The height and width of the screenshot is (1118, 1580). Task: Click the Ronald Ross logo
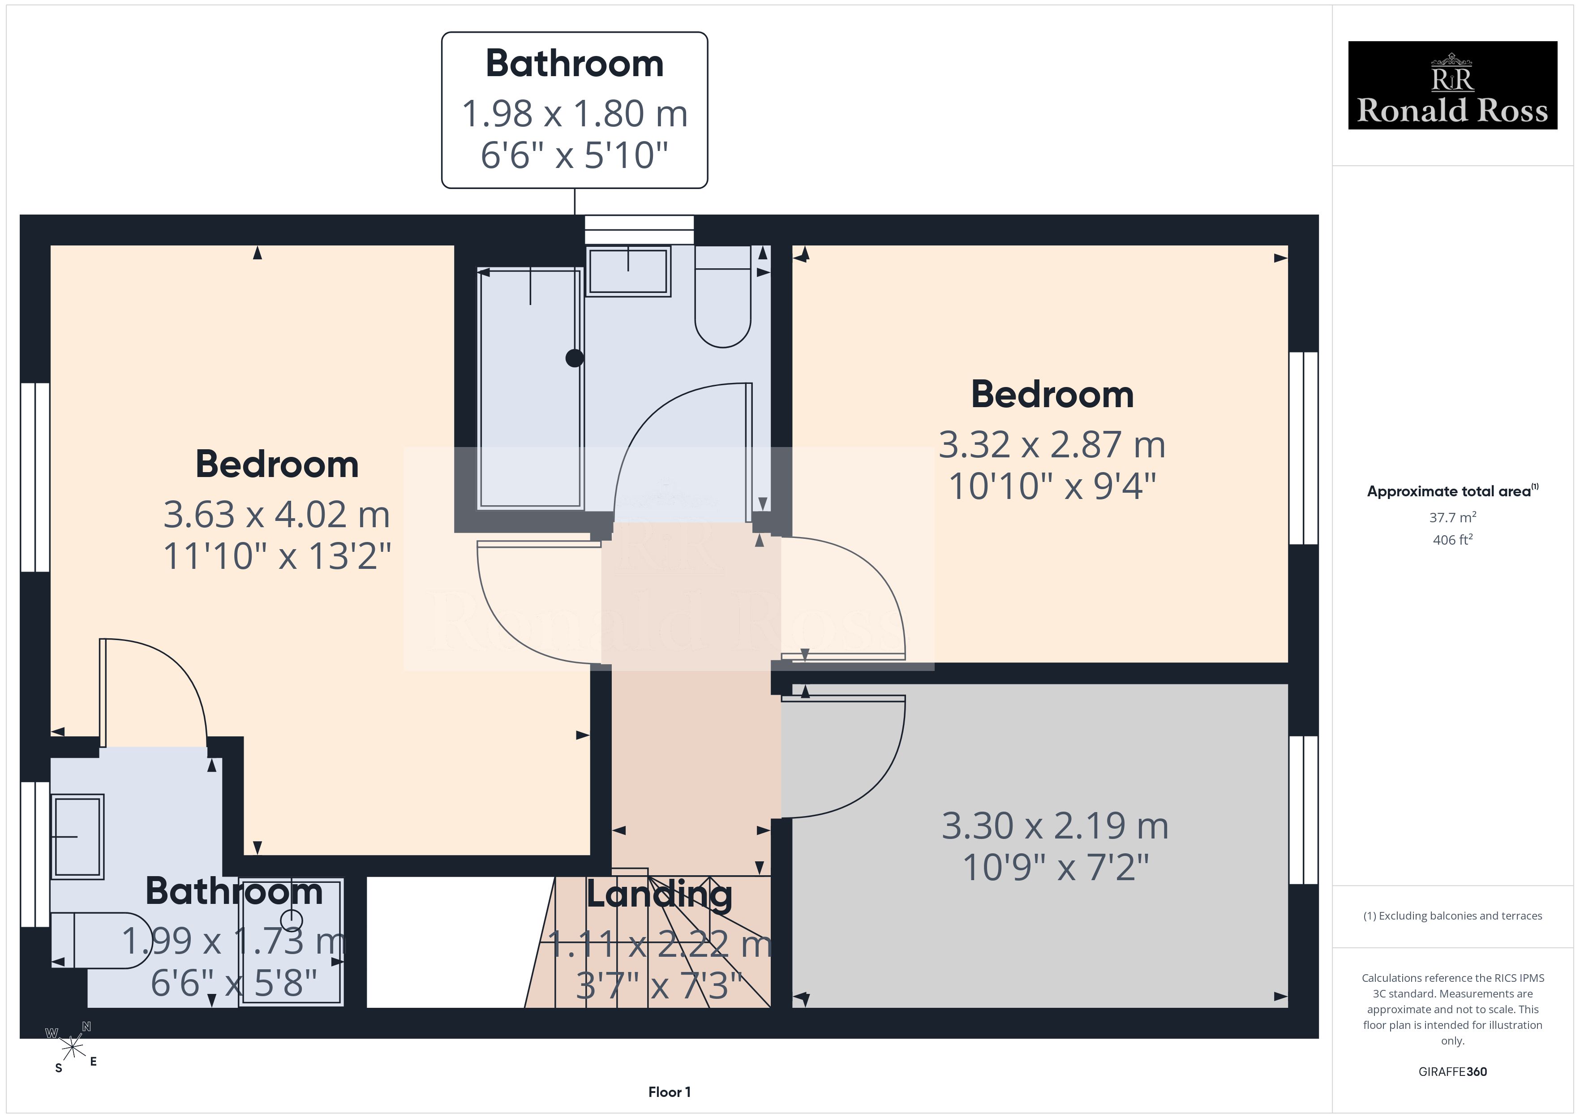(1452, 86)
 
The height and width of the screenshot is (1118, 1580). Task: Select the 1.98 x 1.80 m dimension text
(575, 114)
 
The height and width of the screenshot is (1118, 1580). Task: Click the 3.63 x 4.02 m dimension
(277, 515)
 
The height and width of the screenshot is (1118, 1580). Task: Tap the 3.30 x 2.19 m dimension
(1055, 826)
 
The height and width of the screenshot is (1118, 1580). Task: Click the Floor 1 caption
(669, 1092)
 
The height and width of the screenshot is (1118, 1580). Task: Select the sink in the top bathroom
(627, 271)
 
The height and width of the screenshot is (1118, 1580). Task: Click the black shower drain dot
(575, 358)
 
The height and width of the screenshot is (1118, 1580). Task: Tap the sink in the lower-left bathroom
(77, 836)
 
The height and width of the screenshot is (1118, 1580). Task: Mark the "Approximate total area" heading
(1452, 491)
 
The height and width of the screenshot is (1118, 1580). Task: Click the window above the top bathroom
(639, 229)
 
